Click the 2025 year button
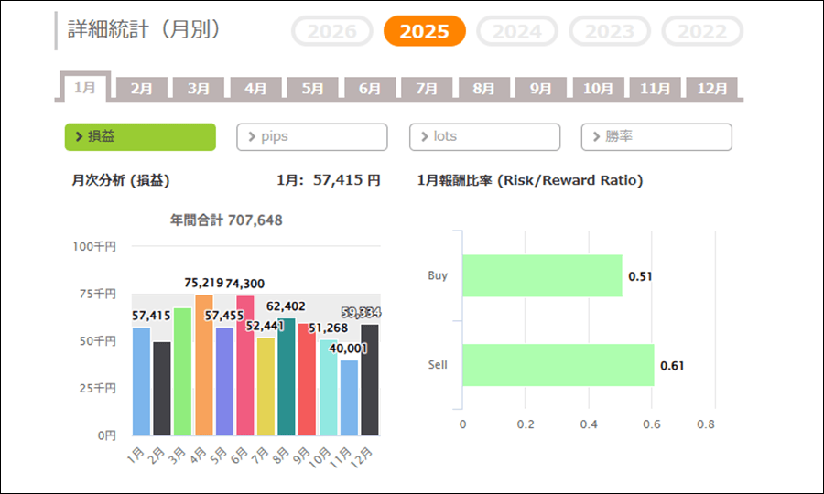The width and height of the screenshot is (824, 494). (x=425, y=31)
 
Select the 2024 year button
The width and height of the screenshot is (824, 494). (x=517, y=31)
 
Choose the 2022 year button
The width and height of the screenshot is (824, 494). (x=702, y=31)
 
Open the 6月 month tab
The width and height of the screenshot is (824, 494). (x=370, y=89)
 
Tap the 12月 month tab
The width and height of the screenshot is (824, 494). (x=712, y=89)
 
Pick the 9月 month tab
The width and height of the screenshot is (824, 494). (x=541, y=89)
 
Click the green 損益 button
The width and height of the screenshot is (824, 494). (x=140, y=136)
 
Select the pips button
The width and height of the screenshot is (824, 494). (x=312, y=136)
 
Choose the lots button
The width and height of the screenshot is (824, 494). (x=484, y=136)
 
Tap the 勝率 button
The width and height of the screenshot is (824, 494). (x=656, y=136)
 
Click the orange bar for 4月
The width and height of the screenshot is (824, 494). (x=203, y=365)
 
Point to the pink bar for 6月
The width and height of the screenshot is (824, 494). (x=245, y=365)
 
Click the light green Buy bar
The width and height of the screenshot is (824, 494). (x=542, y=275)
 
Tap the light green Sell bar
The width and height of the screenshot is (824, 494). (x=558, y=365)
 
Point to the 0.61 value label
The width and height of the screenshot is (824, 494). (x=672, y=366)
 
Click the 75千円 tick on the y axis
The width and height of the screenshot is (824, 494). (x=95, y=294)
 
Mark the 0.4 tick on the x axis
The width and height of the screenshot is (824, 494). (x=588, y=424)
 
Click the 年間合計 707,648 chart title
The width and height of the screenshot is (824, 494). (x=226, y=220)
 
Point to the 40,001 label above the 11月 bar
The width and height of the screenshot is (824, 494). (x=346, y=348)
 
